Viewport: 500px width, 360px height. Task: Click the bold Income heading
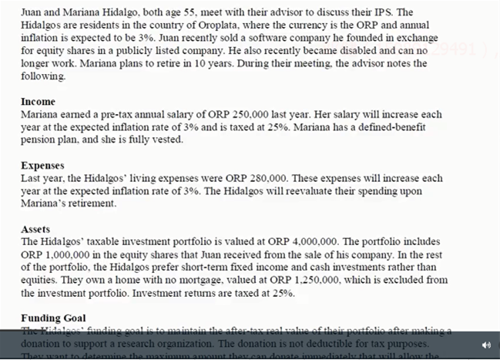38,102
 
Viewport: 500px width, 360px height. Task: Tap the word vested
168,140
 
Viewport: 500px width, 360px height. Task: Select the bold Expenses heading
42,166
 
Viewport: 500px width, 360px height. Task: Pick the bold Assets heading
35,229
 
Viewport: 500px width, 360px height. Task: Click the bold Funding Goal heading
53,318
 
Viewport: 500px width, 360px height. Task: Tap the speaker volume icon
486,345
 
